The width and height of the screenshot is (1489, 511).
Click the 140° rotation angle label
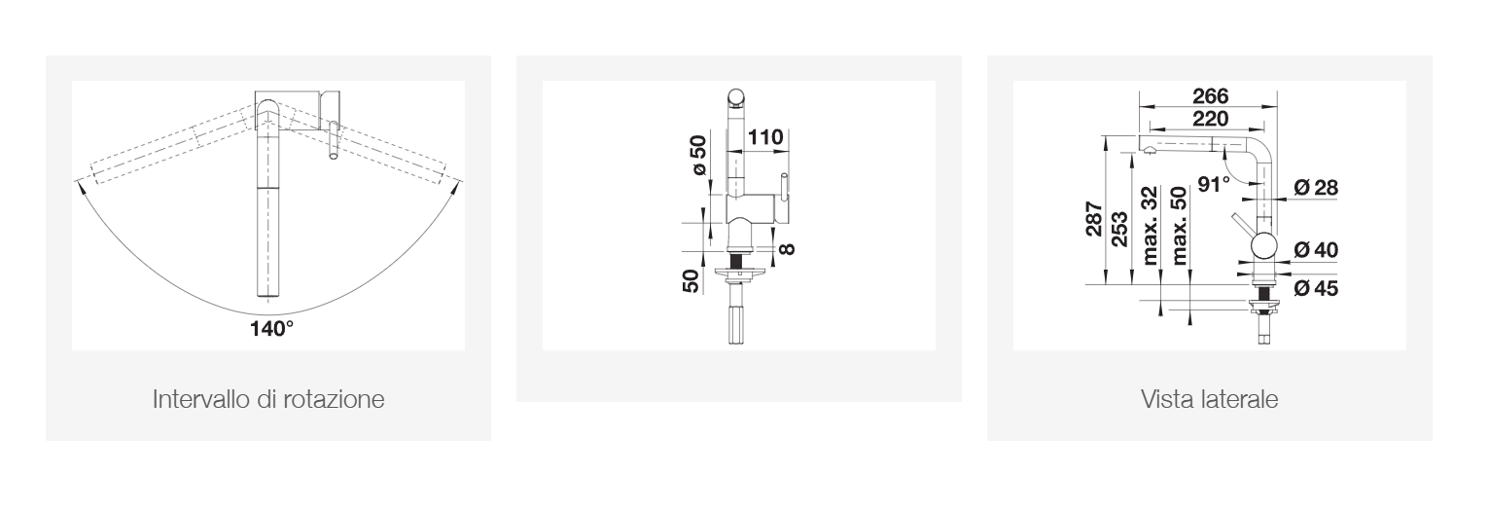(x=272, y=328)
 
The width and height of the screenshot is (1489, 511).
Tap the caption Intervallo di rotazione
(x=268, y=399)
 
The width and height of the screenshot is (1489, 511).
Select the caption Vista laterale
(x=1210, y=399)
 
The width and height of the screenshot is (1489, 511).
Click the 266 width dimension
(x=1211, y=95)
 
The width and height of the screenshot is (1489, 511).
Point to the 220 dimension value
(x=1211, y=119)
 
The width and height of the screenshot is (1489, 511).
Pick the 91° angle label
(x=1213, y=184)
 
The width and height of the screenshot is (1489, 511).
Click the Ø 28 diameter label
(x=1316, y=188)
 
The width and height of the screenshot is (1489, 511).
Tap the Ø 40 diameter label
(x=1316, y=249)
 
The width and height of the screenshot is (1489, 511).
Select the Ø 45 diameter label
(x=1316, y=288)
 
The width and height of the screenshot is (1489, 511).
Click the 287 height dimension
(x=1094, y=218)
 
